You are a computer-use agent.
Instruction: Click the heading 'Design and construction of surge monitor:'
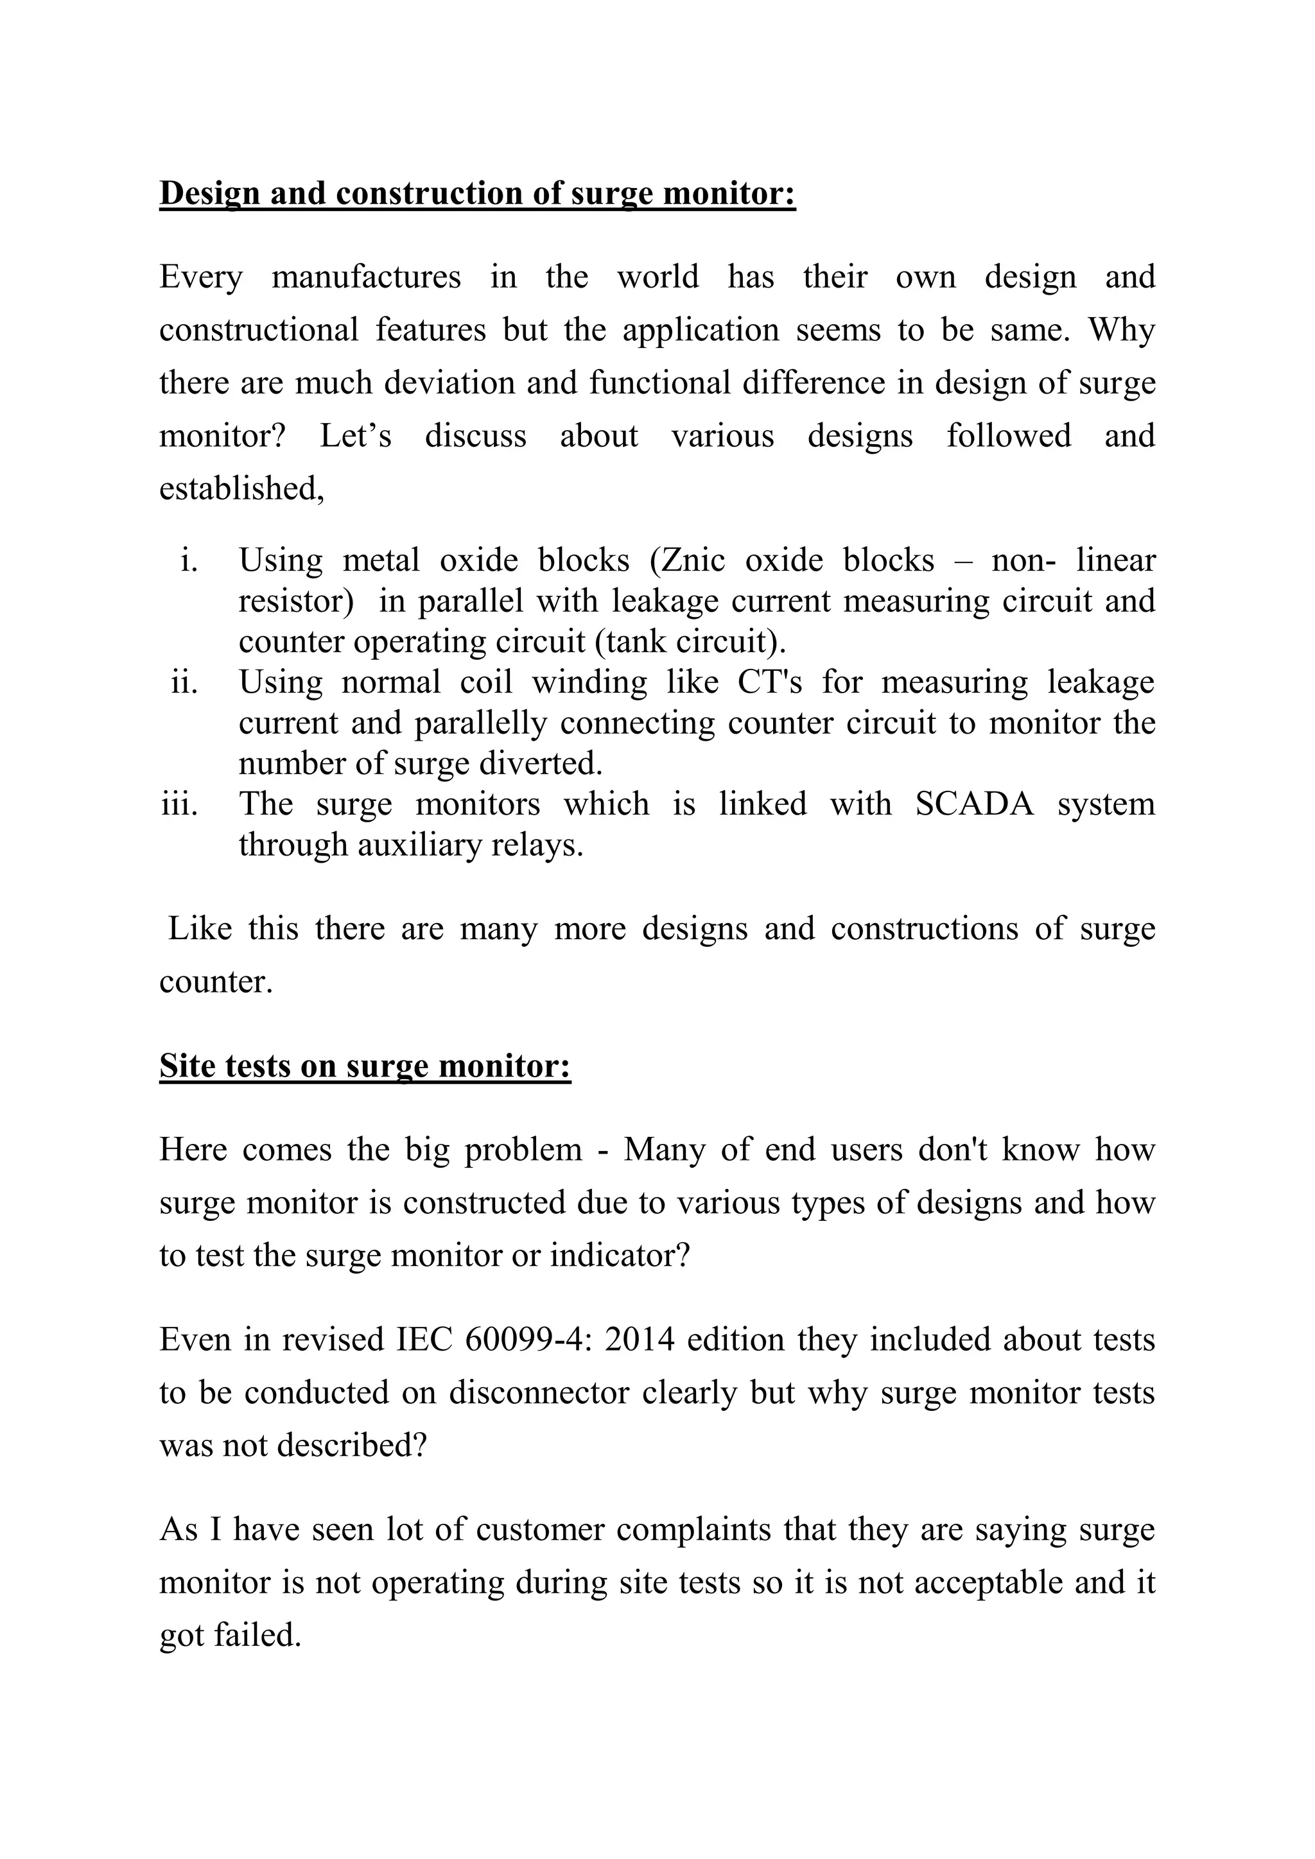coord(477,195)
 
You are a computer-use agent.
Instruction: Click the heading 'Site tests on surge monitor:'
coord(365,1066)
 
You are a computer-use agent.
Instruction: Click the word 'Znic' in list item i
coord(693,560)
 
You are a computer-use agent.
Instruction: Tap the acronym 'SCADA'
coord(975,804)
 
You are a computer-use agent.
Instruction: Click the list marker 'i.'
coord(189,560)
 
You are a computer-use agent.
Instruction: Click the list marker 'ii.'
coord(185,682)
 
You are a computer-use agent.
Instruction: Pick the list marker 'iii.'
coord(180,804)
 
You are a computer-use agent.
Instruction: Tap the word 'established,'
coord(242,489)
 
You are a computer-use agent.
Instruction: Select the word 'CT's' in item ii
coord(769,682)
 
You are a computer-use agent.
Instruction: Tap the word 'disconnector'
coord(539,1392)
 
